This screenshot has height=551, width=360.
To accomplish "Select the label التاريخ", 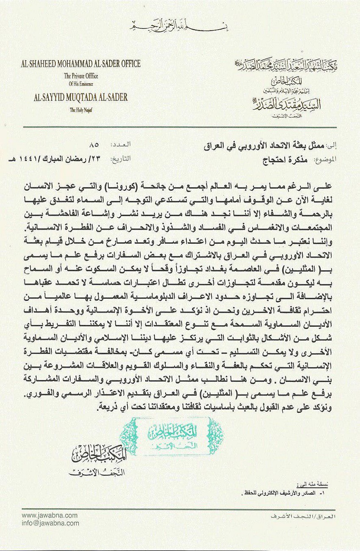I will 121,160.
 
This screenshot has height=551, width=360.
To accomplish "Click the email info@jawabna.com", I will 50,523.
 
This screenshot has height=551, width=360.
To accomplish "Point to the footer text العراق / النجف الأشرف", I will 309,517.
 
